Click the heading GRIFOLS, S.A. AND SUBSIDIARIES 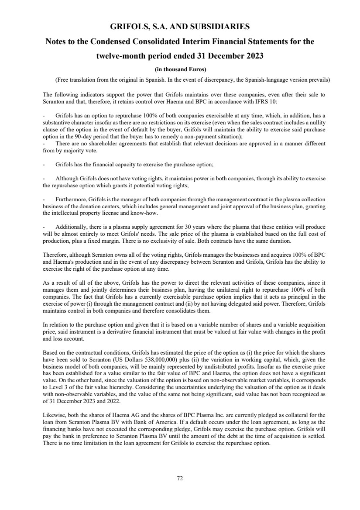pyautogui.click(x=180, y=27)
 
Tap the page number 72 pyautogui.click(x=180, y=478)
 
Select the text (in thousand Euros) pyautogui.click(x=180, y=69)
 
